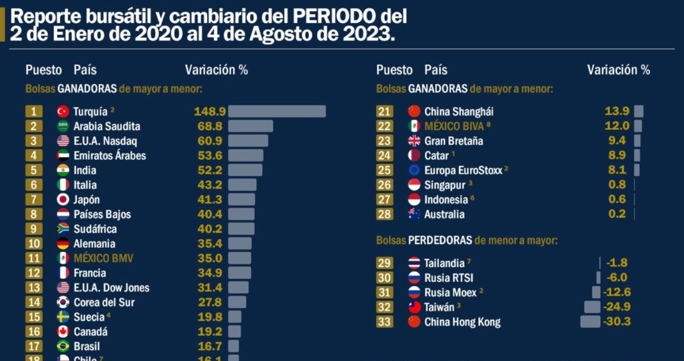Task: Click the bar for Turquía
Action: pos(277,111)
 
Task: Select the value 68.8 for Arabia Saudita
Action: pos(210,126)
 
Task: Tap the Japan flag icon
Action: pos(63,200)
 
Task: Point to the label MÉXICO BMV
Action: pos(103,258)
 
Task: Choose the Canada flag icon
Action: pos(63,332)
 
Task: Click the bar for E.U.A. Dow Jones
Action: pos(238,288)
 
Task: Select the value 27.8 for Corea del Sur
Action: pos(210,302)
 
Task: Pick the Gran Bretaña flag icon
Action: pos(414,141)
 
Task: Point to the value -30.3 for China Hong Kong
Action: pos(617,322)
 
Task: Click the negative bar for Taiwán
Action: pos(592,307)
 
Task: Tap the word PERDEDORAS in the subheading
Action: pos(440,240)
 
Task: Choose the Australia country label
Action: pos(444,215)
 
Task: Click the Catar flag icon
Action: pos(414,156)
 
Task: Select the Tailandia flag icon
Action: pos(414,263)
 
